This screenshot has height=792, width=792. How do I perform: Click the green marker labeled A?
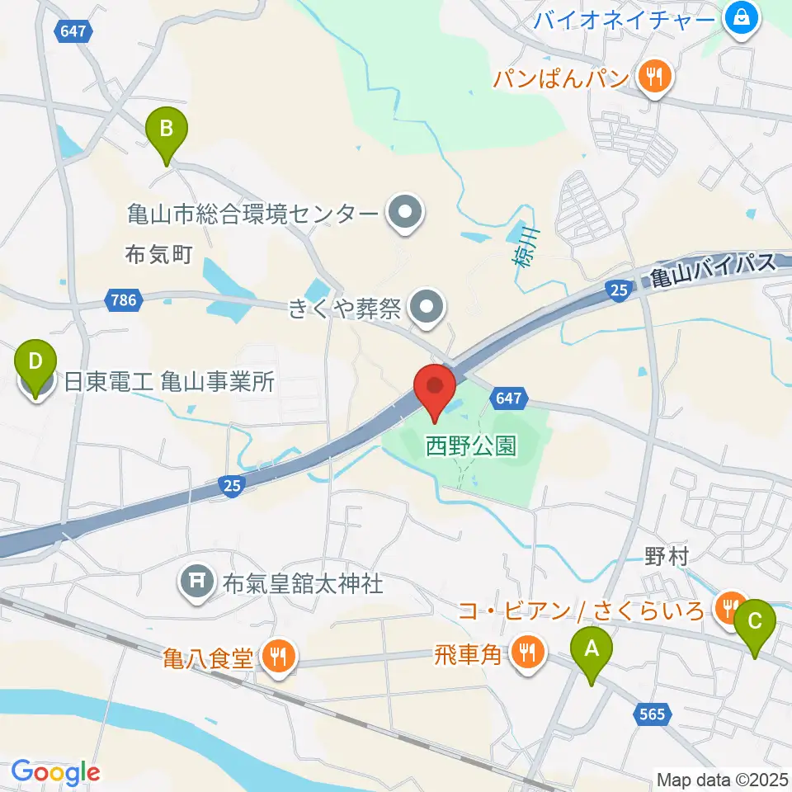coord(592,649)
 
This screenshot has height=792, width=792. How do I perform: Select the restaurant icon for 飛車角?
coord(526,653)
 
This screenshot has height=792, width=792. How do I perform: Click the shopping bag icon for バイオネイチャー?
coord(741,16)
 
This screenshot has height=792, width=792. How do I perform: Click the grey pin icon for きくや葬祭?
coord(427,309)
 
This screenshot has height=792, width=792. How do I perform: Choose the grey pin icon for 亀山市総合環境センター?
coord(405,214)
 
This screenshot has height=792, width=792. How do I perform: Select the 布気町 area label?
coord(158,253)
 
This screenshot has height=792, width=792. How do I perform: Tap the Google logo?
coord(54,772)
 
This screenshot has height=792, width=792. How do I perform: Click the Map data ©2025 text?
coord(720,778)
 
